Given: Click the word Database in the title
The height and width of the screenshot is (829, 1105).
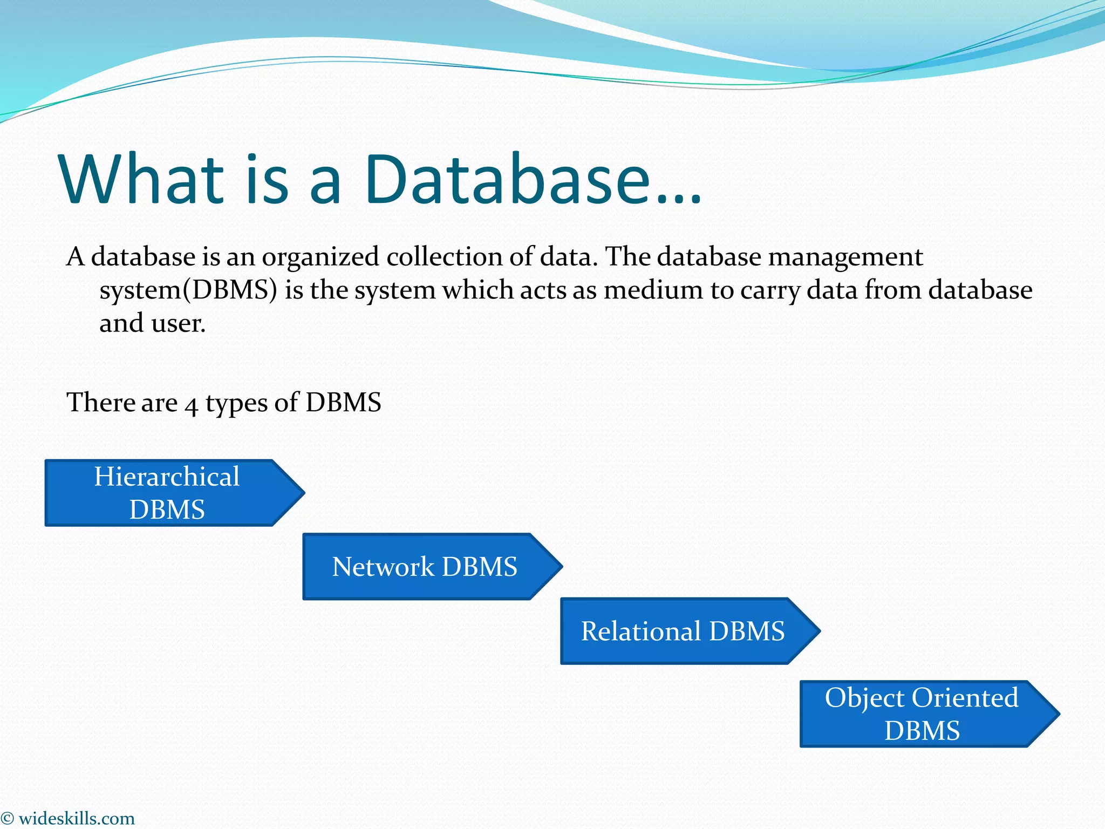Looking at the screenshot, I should pos(507,179).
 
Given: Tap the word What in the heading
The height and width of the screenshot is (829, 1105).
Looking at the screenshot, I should pos(141,179).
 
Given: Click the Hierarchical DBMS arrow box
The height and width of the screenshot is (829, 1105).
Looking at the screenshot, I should pos(167,493).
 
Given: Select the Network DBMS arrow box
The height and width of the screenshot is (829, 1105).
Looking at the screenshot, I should pos(425,567).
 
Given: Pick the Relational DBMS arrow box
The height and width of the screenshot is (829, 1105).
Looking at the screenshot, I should pos(683,631).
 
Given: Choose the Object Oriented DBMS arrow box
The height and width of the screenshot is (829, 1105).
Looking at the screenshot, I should pos(922,714).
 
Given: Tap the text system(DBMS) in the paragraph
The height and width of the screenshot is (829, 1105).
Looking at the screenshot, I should pos(188,290).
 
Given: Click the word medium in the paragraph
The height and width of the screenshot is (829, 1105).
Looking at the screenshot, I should pos(653,290).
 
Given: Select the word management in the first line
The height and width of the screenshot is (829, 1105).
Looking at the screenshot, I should pos(845,257).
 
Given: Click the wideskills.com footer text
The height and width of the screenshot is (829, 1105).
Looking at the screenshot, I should pos(76,819).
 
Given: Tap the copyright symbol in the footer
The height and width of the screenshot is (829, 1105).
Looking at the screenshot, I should pos(7,819).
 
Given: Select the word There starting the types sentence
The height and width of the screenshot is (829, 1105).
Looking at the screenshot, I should pos(95,403).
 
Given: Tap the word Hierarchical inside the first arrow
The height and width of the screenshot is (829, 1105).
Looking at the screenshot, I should pos(167,477).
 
